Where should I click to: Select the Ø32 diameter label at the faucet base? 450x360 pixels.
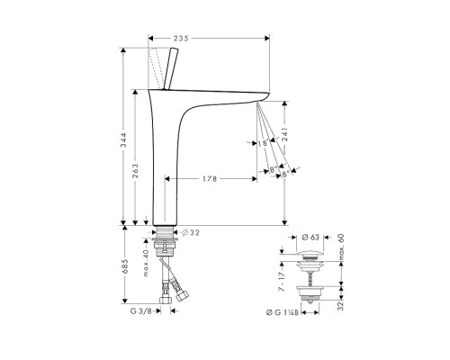(x=196, y=231)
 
